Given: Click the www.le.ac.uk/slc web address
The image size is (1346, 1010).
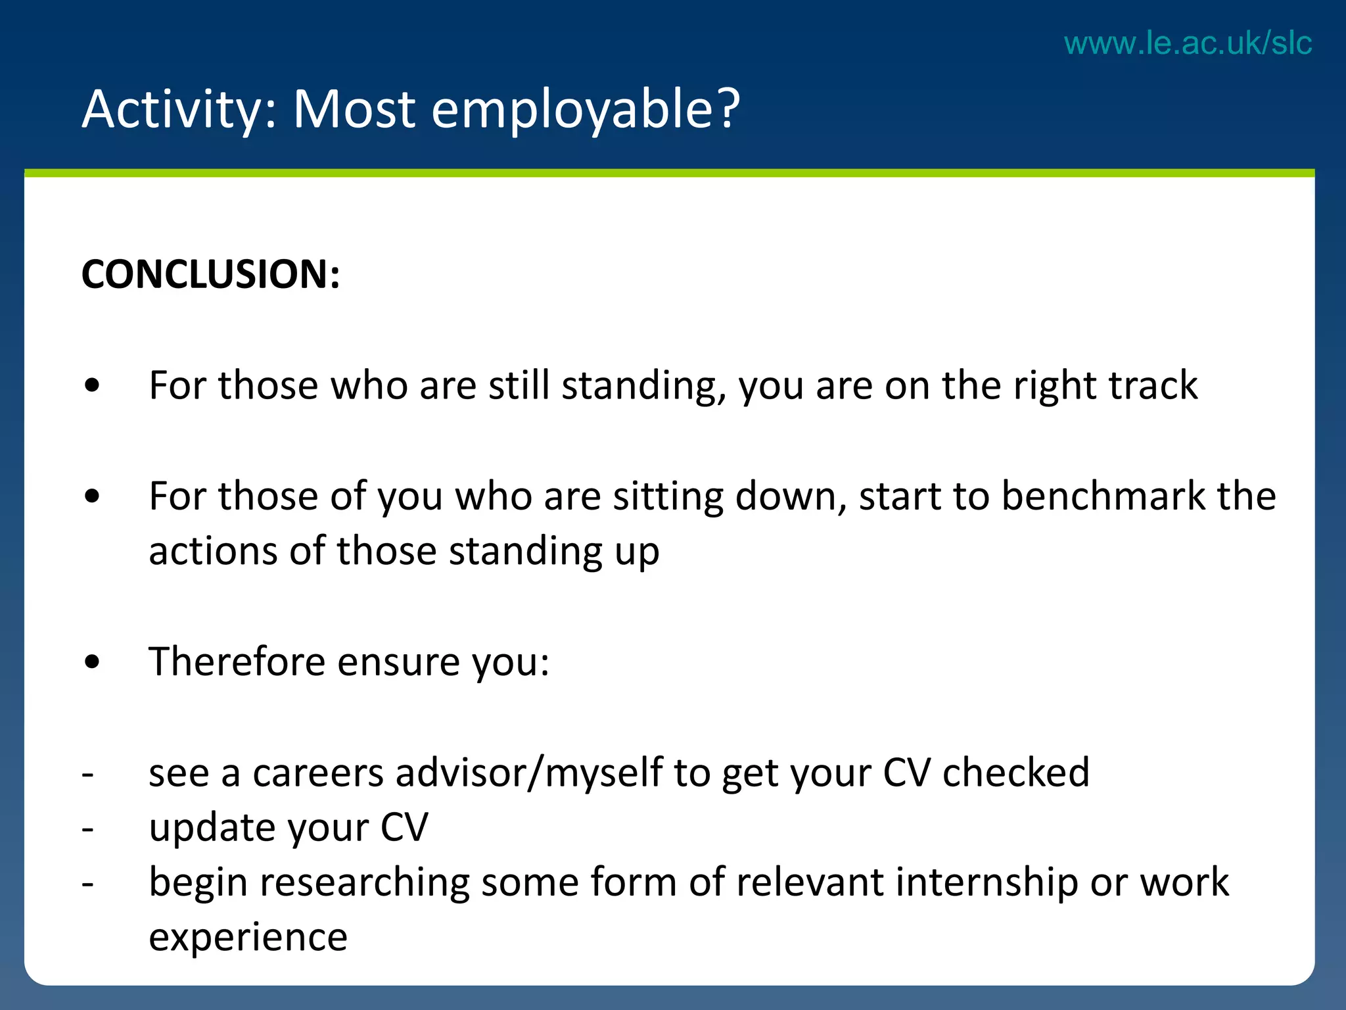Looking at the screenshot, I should coord(1188,43).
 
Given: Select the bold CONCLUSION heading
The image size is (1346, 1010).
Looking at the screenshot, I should coord(210,274).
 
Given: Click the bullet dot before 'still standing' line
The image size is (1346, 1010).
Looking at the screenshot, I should coord(93,386).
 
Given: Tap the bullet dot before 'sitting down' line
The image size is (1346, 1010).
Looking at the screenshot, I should coord(93,496).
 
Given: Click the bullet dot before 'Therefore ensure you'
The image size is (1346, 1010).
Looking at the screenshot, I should coord(93,662).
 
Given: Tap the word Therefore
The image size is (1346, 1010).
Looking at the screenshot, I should coord(237,661).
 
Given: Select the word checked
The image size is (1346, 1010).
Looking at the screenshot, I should coord(1015,773).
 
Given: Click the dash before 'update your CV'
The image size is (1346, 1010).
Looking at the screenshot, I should coord(87,829).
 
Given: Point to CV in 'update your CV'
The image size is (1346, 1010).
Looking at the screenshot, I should coord(404,827).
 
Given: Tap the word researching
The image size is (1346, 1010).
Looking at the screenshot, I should coord(365,882).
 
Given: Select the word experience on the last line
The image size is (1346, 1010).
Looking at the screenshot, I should coord(248,938).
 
